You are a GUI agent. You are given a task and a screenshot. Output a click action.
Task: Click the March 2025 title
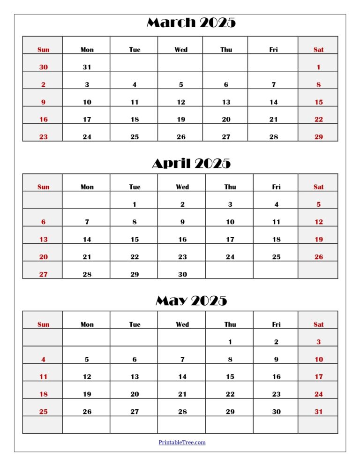(191, 23)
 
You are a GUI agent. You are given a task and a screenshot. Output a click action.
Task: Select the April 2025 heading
(191, 164)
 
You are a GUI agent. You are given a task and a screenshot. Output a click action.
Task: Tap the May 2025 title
(191, 301)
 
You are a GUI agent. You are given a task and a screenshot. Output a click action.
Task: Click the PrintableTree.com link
(182, 442)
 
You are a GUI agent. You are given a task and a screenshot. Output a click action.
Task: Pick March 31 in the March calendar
(87, 67)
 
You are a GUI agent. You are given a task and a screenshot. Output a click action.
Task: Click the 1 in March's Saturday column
(318, 67)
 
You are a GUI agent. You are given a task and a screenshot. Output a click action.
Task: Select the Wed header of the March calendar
(181, 50)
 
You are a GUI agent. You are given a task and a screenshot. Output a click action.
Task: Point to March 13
(226, 102)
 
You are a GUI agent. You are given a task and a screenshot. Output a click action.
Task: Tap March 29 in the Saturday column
(318, 137)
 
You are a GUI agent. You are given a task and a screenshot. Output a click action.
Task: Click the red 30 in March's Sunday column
(43, 67)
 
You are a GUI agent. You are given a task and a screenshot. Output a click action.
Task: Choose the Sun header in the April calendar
(43, 187)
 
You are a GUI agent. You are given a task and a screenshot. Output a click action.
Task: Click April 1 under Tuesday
(135, 204)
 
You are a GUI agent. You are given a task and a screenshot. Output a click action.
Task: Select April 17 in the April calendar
(230, 240)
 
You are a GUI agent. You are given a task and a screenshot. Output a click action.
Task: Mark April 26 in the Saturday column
(318, 257)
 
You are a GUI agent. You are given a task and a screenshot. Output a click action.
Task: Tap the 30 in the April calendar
(182, 274)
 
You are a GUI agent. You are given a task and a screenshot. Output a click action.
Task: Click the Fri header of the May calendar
(276, 324)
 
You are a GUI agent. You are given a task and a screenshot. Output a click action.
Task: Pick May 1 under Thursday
(230, 342)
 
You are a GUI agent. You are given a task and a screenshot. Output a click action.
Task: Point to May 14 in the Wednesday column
(182, 376)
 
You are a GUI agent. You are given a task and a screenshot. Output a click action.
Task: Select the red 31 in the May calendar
(318, 412)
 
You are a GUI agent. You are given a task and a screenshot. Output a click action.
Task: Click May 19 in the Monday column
(87, 394)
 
